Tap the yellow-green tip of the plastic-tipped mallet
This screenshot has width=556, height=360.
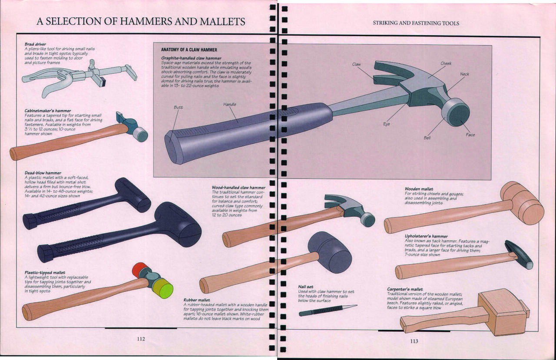(x=163, y=288)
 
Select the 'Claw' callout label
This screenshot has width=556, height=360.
(x=357, y=64)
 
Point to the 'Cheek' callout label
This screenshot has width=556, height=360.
(x=446, y=63)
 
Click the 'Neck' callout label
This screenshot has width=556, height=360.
(x=465, y=74)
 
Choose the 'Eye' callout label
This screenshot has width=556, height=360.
(x=387, y=124)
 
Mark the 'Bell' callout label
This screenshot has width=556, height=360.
(x=427, y=138)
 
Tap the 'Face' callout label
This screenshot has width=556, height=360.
(x=470, y=135)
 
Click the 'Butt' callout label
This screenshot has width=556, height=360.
(x=178, y=107)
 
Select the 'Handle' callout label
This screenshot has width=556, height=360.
(x=230, y=104)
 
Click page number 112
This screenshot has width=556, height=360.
(x=141, y=339)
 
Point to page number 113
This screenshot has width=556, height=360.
(x=414, y=341)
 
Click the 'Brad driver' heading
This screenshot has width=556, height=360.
(x=35, y=44)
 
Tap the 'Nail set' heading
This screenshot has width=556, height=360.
(x=306, y=287)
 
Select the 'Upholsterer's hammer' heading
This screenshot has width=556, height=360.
(x=426, y=236)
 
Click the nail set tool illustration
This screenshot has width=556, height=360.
(x=328, y=310)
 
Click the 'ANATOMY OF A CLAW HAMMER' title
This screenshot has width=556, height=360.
(x=189, y=50)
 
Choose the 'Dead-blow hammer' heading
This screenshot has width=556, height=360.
(x=43, y=173)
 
